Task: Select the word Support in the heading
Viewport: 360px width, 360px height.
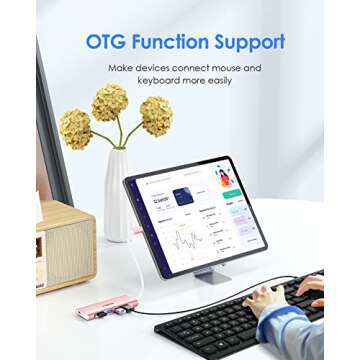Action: (252, 43)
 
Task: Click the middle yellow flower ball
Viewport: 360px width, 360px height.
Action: (110, 102)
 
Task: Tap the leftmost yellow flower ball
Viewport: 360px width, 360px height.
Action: (76, 128)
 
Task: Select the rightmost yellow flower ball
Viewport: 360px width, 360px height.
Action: (155, 115)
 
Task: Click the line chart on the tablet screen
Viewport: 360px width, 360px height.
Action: (186, 240)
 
